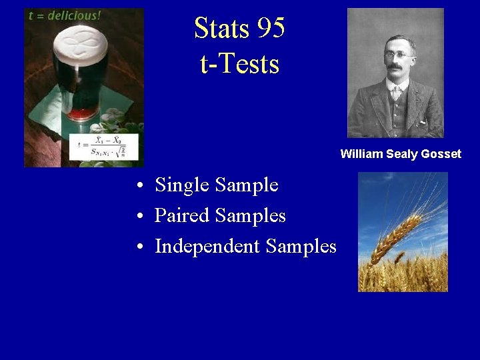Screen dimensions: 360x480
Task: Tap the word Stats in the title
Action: point(219,28)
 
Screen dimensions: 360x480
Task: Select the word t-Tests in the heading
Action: point(239,64)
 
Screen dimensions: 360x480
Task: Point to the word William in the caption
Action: point(361,154)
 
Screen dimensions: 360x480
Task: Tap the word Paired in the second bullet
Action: point(179,215)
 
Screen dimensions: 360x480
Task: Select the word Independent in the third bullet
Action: point(207,246)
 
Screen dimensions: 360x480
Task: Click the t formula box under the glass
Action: point(107,146)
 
